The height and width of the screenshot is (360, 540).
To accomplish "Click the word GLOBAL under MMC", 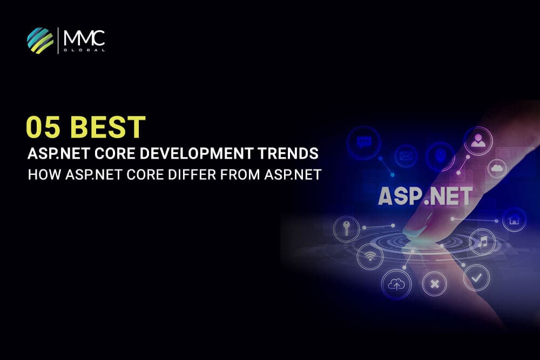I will click(84, 50).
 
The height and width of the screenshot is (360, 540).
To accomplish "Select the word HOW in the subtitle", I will click(42, 175).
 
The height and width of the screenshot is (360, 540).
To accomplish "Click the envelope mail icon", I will click(405, 157).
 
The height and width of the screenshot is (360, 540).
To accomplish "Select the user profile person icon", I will click(477, 141).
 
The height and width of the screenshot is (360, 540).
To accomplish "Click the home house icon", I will click(514, 219).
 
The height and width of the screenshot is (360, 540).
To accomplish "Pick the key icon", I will click(346, 227).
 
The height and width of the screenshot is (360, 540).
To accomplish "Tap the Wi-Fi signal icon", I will click(369, 254).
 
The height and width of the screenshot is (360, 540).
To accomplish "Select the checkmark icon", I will click(476, 278).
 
